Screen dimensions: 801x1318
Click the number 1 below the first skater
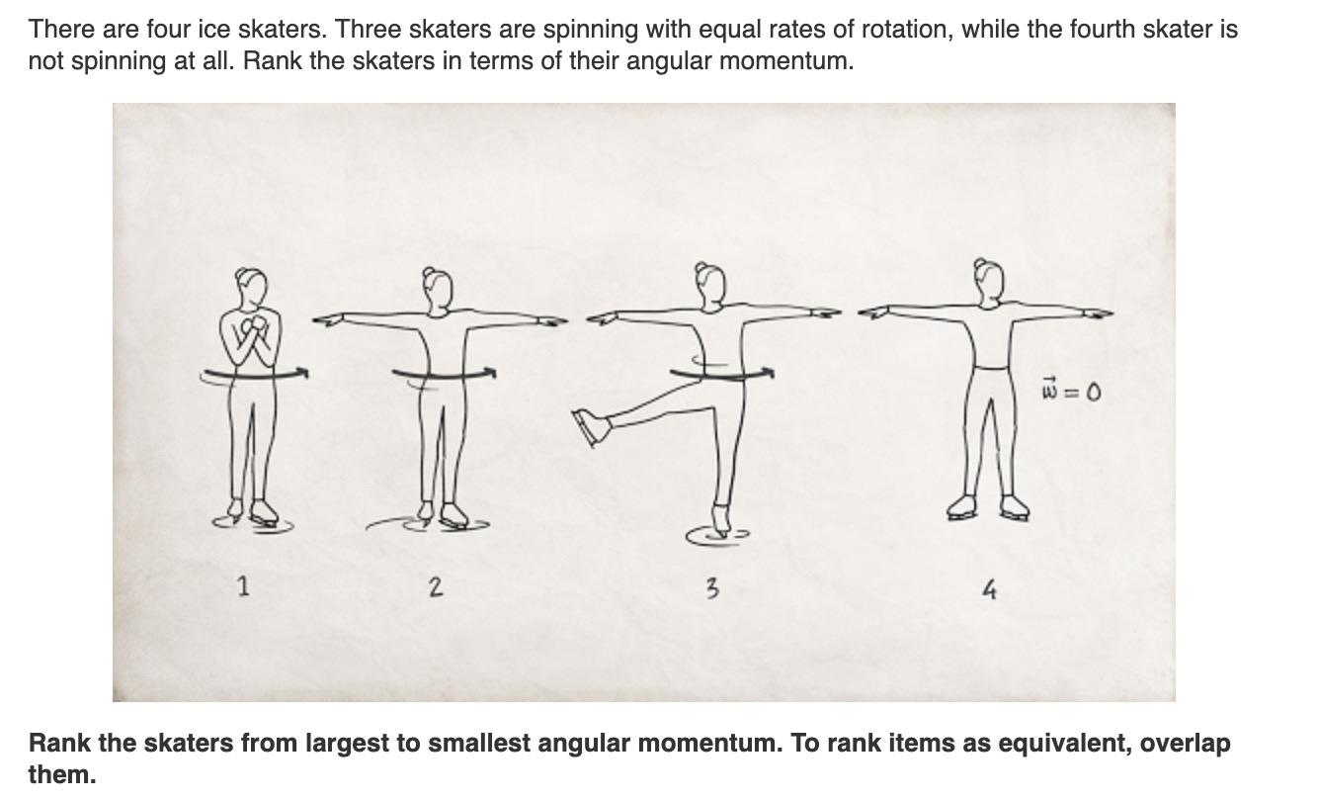243,585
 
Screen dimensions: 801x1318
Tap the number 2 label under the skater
436,586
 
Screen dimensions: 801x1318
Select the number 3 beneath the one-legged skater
711,589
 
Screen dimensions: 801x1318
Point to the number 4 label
989,590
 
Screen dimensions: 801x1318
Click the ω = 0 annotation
1071,392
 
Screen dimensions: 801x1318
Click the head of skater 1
251,287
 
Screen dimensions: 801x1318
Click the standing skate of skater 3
721,522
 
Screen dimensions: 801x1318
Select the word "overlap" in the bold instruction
1185,744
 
